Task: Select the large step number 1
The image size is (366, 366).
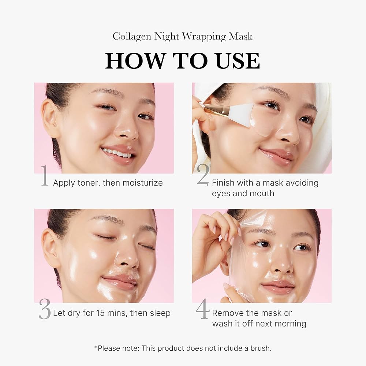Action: point(44,176)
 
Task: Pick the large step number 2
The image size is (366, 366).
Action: point(202,176)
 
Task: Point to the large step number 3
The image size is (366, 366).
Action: point(44,310)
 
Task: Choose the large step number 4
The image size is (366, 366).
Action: point(202,310)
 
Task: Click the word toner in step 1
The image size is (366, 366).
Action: point(88,183)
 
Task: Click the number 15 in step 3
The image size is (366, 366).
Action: point(101,313)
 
